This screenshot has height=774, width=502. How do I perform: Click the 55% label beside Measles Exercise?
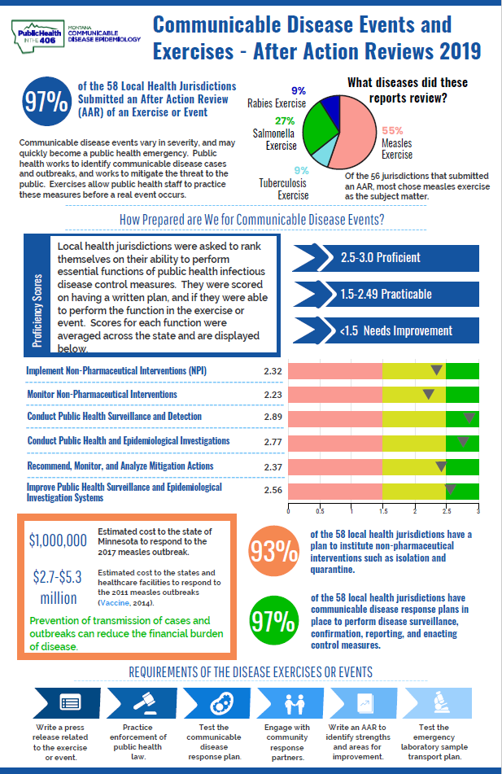pyautogui.click(x=392, y=130)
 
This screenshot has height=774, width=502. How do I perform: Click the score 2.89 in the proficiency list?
pyautogui.click(x=273, y=417)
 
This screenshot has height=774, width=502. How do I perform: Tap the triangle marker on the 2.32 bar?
pyautogui.click(x=436, y=371)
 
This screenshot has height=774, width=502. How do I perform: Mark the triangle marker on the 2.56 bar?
pyautogui.click(x=449, y=490)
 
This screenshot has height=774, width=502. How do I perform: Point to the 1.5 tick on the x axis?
pyautogui.click(x=382, y=512)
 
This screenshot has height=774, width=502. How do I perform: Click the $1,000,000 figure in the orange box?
pyautogui.click(x=58, y=540)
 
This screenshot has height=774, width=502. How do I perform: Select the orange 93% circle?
pyautogui.click(x=273, y=551)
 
